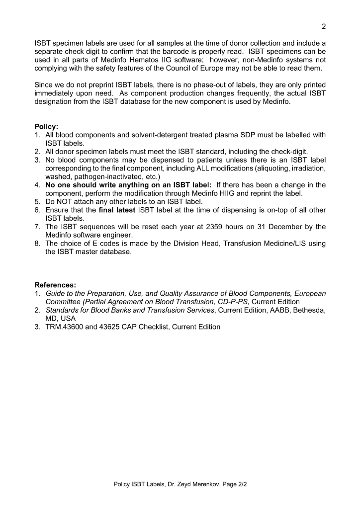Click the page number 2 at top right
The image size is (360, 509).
tap(323, 25)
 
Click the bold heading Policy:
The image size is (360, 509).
tap(46, 127)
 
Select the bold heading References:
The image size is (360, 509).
tap(55, 285)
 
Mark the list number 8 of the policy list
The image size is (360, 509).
tap(37, 244)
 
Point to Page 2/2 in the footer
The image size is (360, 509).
tap(236, 484)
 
